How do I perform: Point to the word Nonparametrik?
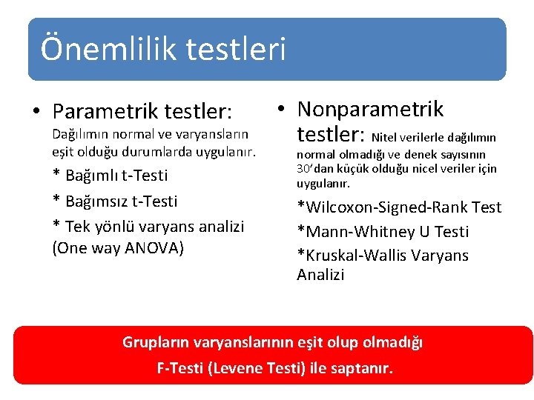point(370,110)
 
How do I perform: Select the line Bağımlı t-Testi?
point(110,176)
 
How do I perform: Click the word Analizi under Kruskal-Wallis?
point(320,275)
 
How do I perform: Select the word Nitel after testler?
point(386,137)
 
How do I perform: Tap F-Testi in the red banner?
point(181,368)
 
